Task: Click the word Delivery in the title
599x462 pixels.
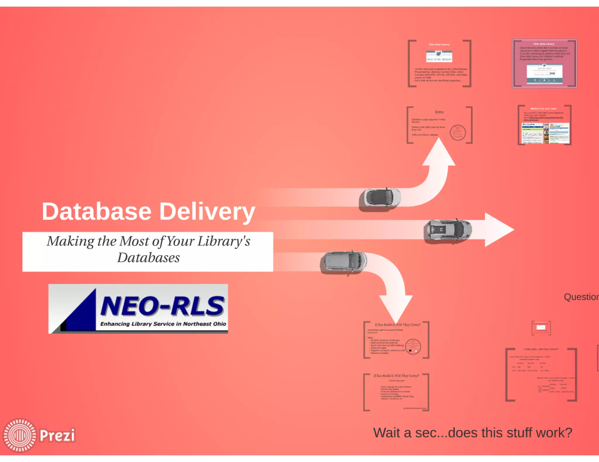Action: click(x=207, y=212)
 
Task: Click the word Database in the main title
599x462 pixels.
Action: click(x=97, y=211)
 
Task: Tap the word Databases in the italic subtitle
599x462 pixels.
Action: click(x=148, y=258)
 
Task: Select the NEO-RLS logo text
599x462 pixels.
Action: click(x=162, y=306)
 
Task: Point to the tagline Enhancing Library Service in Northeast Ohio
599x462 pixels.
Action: click(x=163, y=324)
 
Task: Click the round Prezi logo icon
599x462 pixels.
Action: click(x=20, y=435)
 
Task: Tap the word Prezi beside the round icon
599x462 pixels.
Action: click(x=57, y=435)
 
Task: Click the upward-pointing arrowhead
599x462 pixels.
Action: click(x=439, y=153)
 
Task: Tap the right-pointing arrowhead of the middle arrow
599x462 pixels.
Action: click(x=499, y=230)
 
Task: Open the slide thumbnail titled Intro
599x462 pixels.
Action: click(x=439, y=125)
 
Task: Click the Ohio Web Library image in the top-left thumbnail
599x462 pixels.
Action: click(x=439, y=56)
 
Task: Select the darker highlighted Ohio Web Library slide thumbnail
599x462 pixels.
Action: click(x=544, y=64)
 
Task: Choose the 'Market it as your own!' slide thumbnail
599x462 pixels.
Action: click(x=544, y=125)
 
